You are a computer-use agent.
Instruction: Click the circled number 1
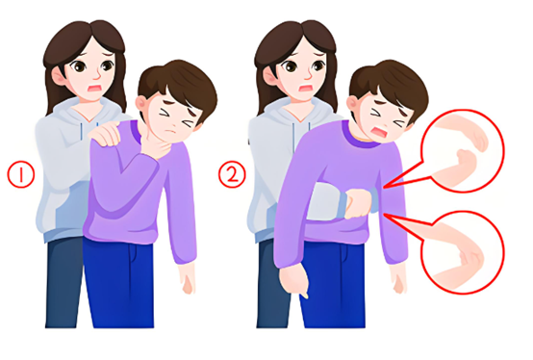21,175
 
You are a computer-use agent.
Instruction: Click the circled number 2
232,175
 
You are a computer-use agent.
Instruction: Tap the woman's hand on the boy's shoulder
105,134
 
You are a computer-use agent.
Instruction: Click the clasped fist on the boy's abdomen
359,204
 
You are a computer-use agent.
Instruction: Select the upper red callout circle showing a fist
463,150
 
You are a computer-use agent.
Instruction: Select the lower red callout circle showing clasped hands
463,252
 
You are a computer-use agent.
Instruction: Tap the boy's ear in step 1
141,104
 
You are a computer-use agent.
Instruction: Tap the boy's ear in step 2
353,104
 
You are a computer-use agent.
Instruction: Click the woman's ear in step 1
58,75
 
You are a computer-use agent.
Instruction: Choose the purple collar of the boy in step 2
361,136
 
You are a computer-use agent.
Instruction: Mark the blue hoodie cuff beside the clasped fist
342,205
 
